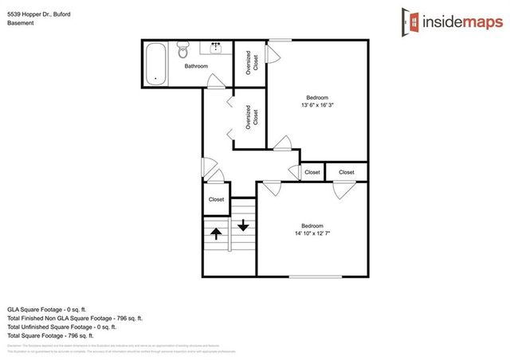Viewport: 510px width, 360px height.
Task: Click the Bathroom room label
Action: (196, 67)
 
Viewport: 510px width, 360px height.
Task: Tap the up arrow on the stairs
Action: (215, 234)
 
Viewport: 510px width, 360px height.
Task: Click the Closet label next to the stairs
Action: (216, 199)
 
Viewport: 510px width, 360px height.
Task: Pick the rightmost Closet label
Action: (347, 172)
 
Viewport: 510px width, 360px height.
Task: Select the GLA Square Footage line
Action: (50, 308)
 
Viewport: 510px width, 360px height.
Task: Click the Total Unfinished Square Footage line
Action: (61, 327)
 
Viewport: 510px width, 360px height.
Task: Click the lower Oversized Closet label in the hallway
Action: (249, 117)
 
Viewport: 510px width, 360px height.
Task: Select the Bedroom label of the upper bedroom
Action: (318, 96)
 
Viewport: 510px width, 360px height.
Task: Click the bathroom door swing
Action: (215, 80)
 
